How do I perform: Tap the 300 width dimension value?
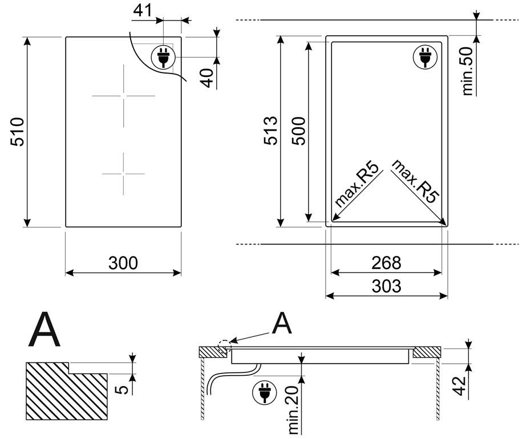click(x=123, y=263)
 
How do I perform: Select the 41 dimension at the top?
click(x=144, y=10)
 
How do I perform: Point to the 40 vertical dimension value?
click(x=209, y=76)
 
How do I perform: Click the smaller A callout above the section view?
click(x=281, y=324)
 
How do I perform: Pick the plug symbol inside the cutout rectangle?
click(x=424, y=57)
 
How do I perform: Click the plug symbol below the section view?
click(x=263, y=393)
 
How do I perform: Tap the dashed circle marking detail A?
click(x=225, y=345)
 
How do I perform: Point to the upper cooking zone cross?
click(x=123, y=95)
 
